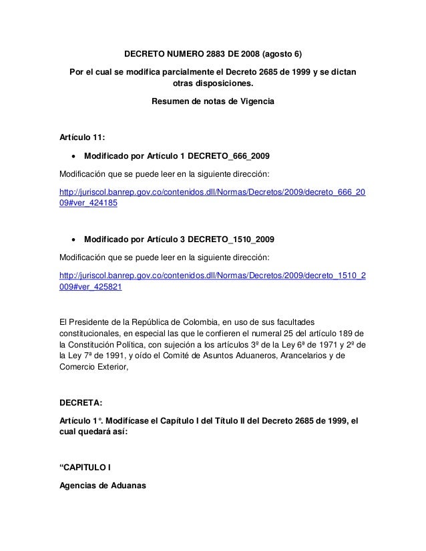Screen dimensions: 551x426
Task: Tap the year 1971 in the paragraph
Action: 316,344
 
